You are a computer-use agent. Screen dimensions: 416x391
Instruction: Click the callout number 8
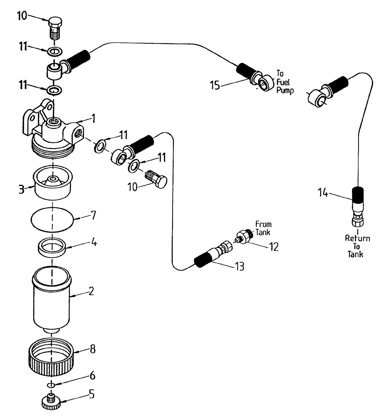point(93,349)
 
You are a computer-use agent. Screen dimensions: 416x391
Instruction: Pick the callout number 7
point(93,216)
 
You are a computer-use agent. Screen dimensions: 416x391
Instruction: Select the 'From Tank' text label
point(263,228)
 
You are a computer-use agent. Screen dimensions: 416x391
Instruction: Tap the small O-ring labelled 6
point(51,384)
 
